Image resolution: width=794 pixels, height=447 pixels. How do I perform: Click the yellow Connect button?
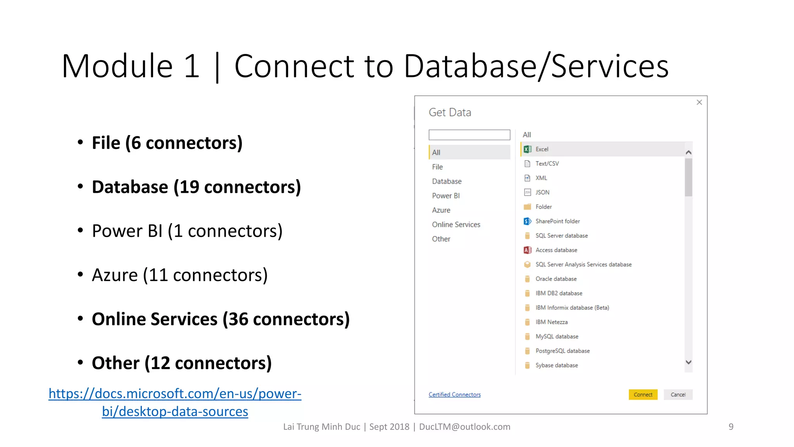pyautogui.click(x=643, y=395)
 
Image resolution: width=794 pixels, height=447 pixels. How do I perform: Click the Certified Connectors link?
pyautogui.click(x=454, y=395)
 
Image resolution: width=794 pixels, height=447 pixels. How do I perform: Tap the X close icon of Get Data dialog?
pyautogui.click(x=699, y=102)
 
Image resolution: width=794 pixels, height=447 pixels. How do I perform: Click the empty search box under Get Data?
pyautogui.click(x=469, y=135)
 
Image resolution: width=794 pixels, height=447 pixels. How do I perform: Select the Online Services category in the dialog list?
pyautogui.click(x=456, y=225)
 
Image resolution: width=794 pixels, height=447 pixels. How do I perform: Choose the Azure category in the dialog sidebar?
pyautogui.click(x=441, y=210)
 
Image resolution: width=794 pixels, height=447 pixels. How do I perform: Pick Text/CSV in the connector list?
pyautogui.click(x=547, y=164)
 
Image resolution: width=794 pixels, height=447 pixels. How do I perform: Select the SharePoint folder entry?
pyautogui.click(x=558, y=221)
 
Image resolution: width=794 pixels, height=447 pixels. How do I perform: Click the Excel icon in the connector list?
pyautogui.click(x=527, y=149)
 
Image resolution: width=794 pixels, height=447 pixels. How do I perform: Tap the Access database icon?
pyautogui.click(x=527, y=250)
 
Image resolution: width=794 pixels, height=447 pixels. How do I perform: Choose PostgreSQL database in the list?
pyautogui.click(x=563, y=351)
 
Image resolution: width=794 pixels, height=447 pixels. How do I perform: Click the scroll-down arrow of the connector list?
pyautogui.click(x=689, y=362)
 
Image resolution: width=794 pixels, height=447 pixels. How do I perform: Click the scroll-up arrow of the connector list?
pyautogui.click(x=689, y=152)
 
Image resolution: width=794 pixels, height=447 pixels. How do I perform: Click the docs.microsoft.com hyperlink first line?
pyautogui.click(x=175, y=394)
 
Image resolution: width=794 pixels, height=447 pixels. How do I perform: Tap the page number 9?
pyautogui.click(x=731, y=427)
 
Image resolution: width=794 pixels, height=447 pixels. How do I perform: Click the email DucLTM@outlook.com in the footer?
pyautogui.click(x=464, y=427)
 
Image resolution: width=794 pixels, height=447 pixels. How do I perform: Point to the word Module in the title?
pyautogui.click(x=117, y=66)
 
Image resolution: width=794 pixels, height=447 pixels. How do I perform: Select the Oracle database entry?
pyautogui.click(x=556, y=279)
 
